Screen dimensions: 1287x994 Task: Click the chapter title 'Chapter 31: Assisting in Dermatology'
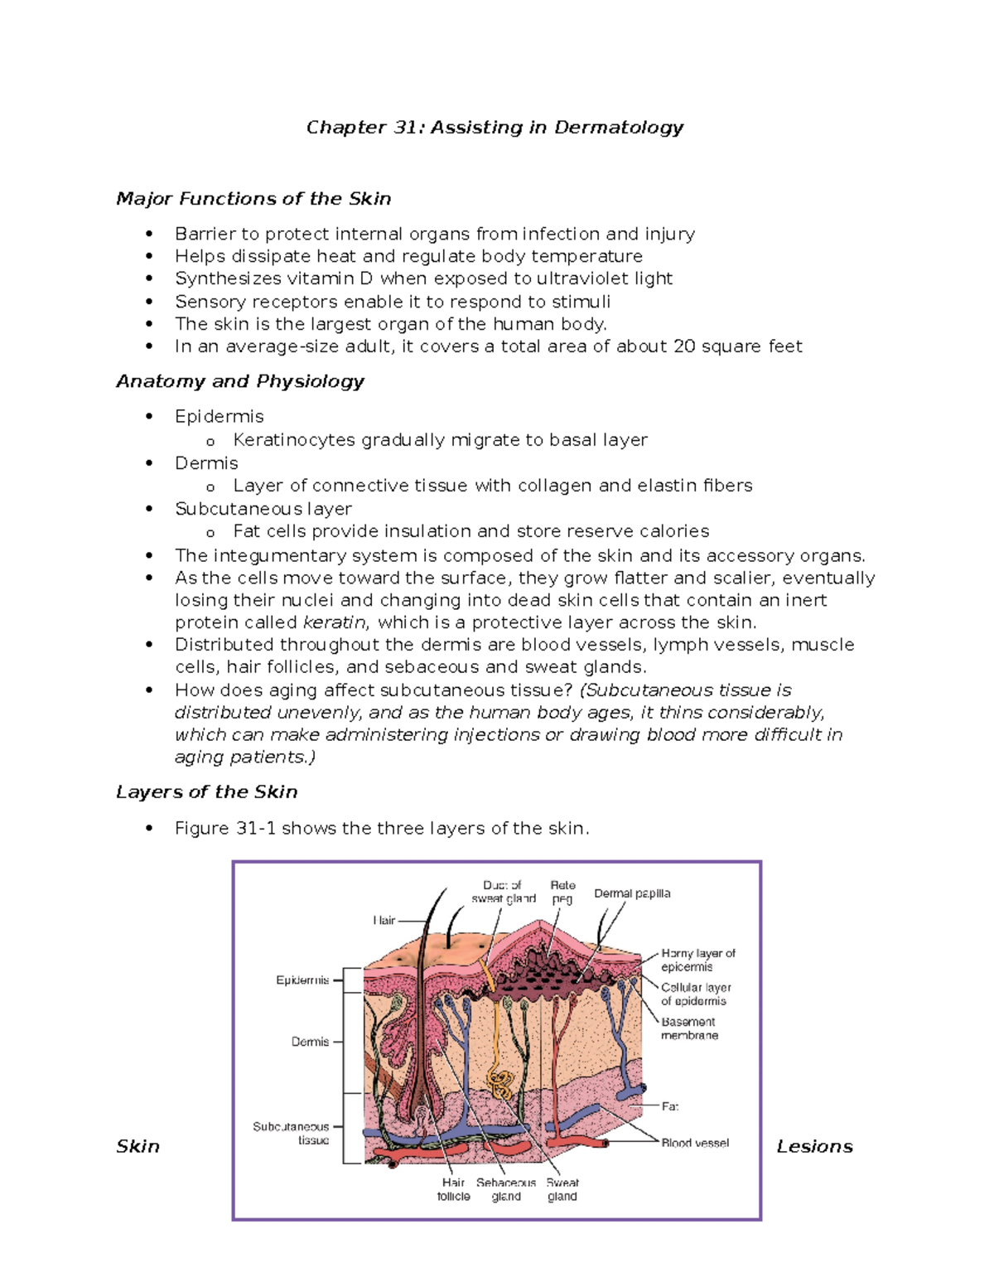(495, 128)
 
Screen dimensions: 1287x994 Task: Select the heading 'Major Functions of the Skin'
(253, 199)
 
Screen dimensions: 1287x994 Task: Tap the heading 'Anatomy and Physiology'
(240, 381)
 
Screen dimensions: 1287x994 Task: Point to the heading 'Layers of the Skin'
(206, 792)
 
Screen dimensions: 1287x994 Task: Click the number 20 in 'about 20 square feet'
(684, 346)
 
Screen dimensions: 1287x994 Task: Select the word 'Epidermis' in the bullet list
(220, 416)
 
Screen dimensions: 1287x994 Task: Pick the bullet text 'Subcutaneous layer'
(263, 509)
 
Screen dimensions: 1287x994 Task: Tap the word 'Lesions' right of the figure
(814, 1146)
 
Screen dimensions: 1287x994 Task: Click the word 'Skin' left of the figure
(138, 1146)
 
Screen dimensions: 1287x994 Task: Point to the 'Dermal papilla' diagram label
(632, 893)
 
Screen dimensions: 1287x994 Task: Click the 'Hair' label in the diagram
(384, 921)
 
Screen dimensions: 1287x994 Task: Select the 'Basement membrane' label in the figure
(689, 1028)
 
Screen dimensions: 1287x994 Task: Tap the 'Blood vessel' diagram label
(695, 1143)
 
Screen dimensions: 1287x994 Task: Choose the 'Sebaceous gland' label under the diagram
(506, 1189)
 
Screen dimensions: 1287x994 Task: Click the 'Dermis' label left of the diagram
(310, 1042)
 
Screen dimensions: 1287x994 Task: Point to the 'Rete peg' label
(562, 892)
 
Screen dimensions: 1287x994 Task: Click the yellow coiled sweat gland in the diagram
(500, 1082)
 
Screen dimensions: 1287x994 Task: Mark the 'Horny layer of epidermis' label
(697, 960)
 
